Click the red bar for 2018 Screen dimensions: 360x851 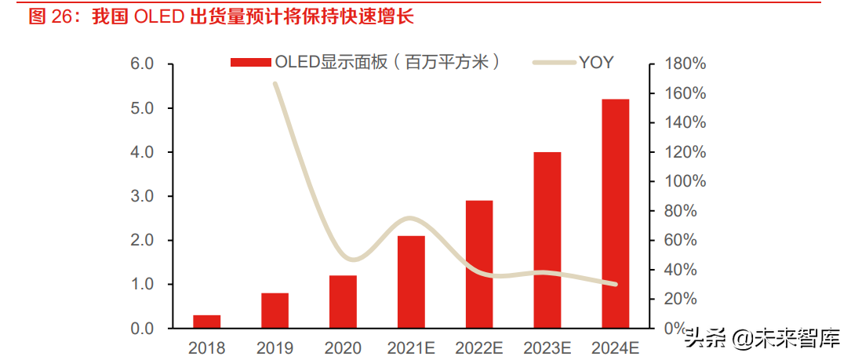[206, 322]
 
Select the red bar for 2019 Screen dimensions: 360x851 [275, 311]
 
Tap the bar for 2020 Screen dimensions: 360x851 [343, 301]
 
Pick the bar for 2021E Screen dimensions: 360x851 [411, 282]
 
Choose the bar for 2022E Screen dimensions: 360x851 [479, 264]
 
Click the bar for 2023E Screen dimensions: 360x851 [547, 240]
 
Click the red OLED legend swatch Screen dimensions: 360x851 [250, 63]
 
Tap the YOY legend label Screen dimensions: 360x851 [596, 63]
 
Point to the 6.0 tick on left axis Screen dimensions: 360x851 [141, 64]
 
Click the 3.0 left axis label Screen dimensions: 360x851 [141, 196]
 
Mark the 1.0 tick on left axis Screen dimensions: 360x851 [141, 284]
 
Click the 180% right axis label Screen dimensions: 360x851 [685, 64]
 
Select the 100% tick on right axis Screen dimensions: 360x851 [685, 181]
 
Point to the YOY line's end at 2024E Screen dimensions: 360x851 [615, 284]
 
